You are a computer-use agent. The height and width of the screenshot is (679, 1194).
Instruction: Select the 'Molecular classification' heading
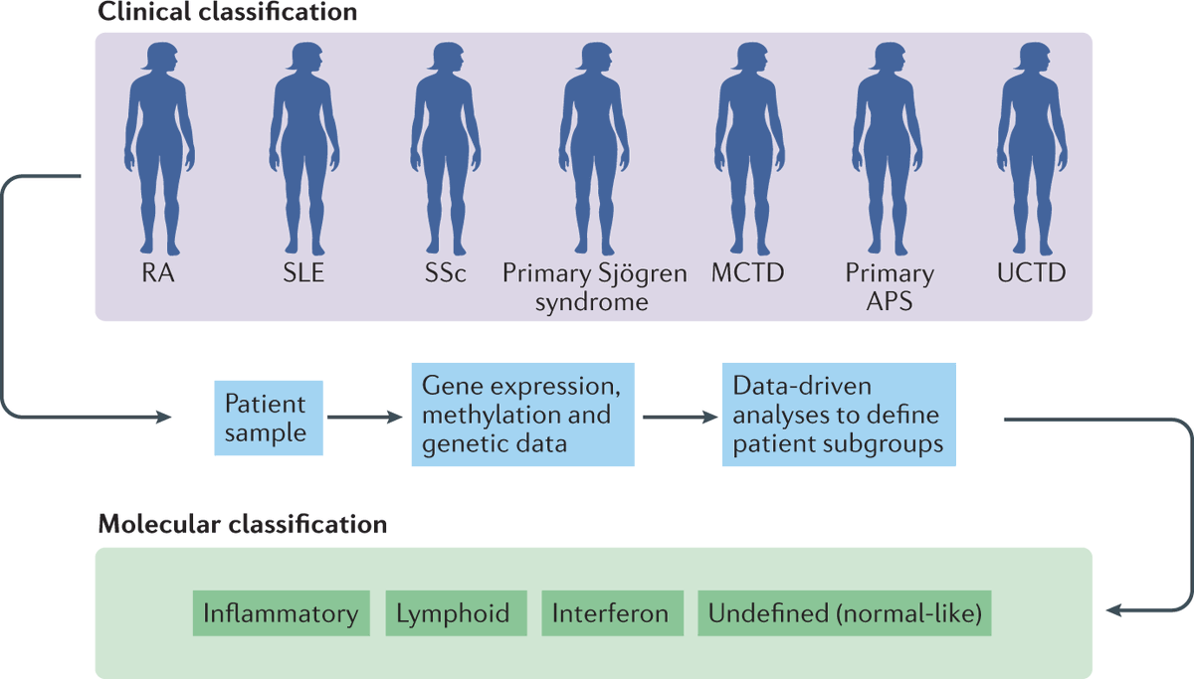[242, 523]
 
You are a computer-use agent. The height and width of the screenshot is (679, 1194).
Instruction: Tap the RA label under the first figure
[158, 273]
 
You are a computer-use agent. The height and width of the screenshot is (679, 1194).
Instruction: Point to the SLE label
[303, 273]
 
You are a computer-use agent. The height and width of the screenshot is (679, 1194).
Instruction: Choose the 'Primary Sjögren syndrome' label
[594, 287]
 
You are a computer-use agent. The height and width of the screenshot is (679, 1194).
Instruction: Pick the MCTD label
[747, 273]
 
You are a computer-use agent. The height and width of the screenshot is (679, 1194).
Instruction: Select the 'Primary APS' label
[890, 287]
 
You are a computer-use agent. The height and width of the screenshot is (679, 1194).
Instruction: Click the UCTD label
[1031, 273]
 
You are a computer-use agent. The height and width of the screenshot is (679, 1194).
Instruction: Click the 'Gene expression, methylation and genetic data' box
[523, 415]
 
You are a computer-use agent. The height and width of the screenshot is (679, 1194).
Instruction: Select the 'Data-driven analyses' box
[839, 415]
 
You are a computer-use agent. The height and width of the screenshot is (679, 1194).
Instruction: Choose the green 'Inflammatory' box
[281, 613]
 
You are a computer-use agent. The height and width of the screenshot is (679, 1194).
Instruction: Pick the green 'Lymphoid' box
[454, 613]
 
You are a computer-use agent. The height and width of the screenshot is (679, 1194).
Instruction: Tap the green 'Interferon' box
[611, 613]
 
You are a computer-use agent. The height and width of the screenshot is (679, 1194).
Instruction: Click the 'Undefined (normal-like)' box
[845, 613]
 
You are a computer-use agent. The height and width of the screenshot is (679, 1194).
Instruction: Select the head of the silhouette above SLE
[303, 59]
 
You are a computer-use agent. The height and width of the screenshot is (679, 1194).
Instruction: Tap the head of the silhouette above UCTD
[1031, 59]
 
